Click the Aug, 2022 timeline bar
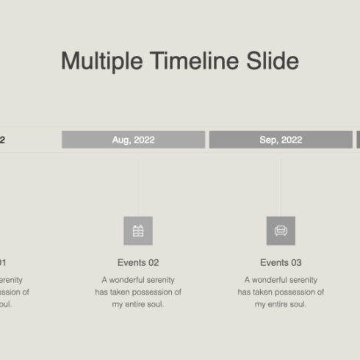(133, 140)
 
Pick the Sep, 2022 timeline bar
(281, 140)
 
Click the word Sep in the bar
(268, 140)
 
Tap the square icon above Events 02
(138, 231)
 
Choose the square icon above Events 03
(281, 231)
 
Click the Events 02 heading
(138, 262)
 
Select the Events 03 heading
(281, 262)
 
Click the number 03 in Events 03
(295, 262)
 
